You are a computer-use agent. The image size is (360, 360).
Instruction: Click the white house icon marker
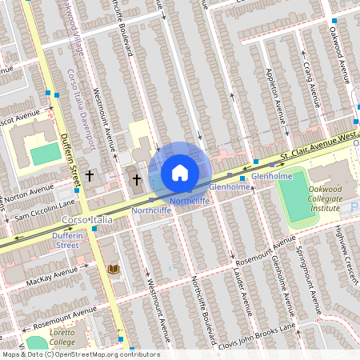pyautogui.click(x=180, y=173)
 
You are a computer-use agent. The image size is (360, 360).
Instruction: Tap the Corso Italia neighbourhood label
pyautogui.click(x=85, y=219)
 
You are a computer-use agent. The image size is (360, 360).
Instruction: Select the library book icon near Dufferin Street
pyautogui.click(x=113, y=270)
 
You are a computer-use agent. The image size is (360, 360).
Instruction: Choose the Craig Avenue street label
pyautogui.click(x=305, y=75)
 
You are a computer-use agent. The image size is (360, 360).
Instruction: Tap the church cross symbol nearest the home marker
pyautogui.click(x=137, y=179)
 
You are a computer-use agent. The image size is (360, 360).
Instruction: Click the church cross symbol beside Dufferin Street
pyautogui.click(x=90, y=174)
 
